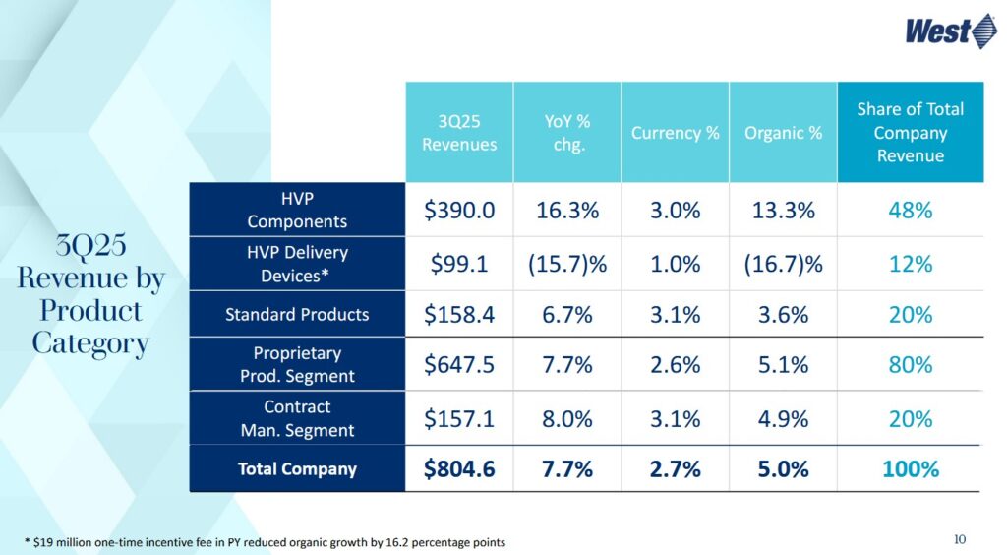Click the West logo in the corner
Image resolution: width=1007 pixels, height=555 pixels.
click(951, 31)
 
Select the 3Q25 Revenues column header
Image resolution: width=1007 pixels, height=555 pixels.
click(459, 132)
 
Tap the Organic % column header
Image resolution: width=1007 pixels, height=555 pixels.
click(783, 132)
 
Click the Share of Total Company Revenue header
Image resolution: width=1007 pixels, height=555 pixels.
click(910, 132)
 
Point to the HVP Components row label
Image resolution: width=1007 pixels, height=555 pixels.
click(297, 210)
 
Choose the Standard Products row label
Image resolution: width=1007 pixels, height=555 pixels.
click(297, 315)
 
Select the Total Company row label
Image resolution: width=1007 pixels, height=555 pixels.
click(297, 468)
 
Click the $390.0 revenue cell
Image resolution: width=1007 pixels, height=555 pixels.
click(459, 210)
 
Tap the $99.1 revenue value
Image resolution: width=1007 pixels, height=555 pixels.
click(459, 264)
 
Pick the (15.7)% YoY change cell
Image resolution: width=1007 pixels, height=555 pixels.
click(566, 264)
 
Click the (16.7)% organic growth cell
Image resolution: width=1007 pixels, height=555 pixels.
click(783, 264)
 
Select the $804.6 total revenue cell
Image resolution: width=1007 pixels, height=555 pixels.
click(459, 469)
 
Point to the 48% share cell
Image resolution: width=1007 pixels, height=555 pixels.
click(910, 210)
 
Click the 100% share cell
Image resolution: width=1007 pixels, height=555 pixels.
click(910, 469)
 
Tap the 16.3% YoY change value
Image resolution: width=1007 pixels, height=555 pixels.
click(566, 210)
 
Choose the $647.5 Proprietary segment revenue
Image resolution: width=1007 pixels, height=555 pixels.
click(459, 365)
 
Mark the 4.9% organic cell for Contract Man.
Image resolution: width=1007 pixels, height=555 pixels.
click(783, 418)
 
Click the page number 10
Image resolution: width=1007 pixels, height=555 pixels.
click(961, 538)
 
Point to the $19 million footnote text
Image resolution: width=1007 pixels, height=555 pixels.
click(266, 542)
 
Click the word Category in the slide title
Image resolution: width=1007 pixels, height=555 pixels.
click(90, 343)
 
